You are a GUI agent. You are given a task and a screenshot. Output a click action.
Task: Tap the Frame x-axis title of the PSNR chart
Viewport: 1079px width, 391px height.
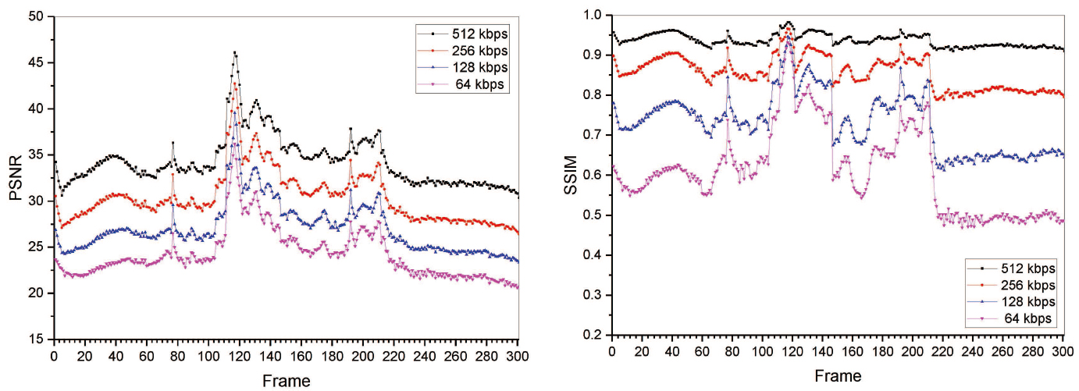coord(286,381)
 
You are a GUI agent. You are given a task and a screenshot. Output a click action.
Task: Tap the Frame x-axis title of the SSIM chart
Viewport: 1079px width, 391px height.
coord(838,376)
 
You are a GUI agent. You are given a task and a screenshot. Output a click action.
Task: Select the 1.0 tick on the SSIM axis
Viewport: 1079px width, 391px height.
coord(593,15)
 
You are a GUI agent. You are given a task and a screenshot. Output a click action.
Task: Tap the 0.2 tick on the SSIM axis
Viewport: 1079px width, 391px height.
coord(593,336)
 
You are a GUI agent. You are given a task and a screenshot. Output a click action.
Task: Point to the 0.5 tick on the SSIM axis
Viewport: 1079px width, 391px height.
coord(593,215)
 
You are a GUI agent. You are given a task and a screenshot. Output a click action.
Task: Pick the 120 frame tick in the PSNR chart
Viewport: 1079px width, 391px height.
coord(239,356)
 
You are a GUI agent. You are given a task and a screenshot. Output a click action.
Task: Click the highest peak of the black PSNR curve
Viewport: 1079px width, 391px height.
coord(235,53)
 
